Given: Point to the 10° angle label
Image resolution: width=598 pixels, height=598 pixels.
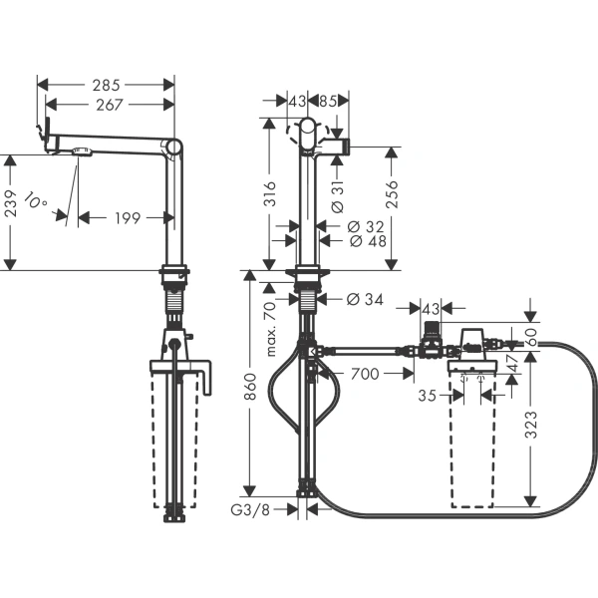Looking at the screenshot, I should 36,202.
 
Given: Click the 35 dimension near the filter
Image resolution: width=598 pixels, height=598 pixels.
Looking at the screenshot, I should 426,395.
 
